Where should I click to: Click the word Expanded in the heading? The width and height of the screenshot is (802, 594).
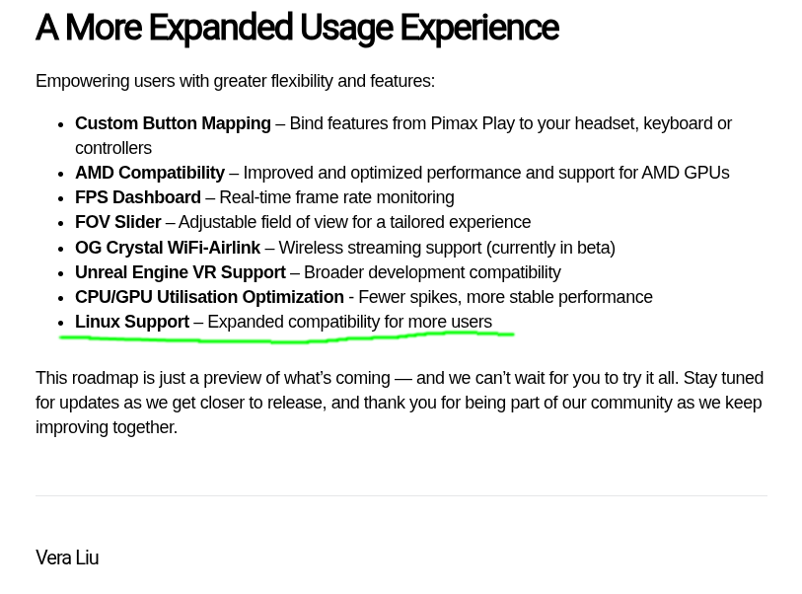220,28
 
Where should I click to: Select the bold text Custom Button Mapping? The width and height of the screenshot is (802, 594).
173,123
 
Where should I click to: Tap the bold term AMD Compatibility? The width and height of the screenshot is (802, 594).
150,173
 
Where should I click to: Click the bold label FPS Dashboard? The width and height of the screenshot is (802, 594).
138,197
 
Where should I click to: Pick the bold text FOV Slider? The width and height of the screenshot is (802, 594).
118,222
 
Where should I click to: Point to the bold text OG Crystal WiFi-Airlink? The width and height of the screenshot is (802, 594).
168,248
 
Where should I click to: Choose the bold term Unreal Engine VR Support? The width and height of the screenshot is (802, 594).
181,272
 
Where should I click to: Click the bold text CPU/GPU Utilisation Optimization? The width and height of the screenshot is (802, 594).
210,297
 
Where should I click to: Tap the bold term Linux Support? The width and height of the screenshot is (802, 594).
132,322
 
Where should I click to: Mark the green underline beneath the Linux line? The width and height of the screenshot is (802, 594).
286,339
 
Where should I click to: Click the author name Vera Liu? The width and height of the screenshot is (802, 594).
67,557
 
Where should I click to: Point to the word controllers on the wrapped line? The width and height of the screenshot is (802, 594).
113,148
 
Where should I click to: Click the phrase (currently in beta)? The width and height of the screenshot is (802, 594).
550,248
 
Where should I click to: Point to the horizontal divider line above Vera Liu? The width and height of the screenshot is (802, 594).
401,495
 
